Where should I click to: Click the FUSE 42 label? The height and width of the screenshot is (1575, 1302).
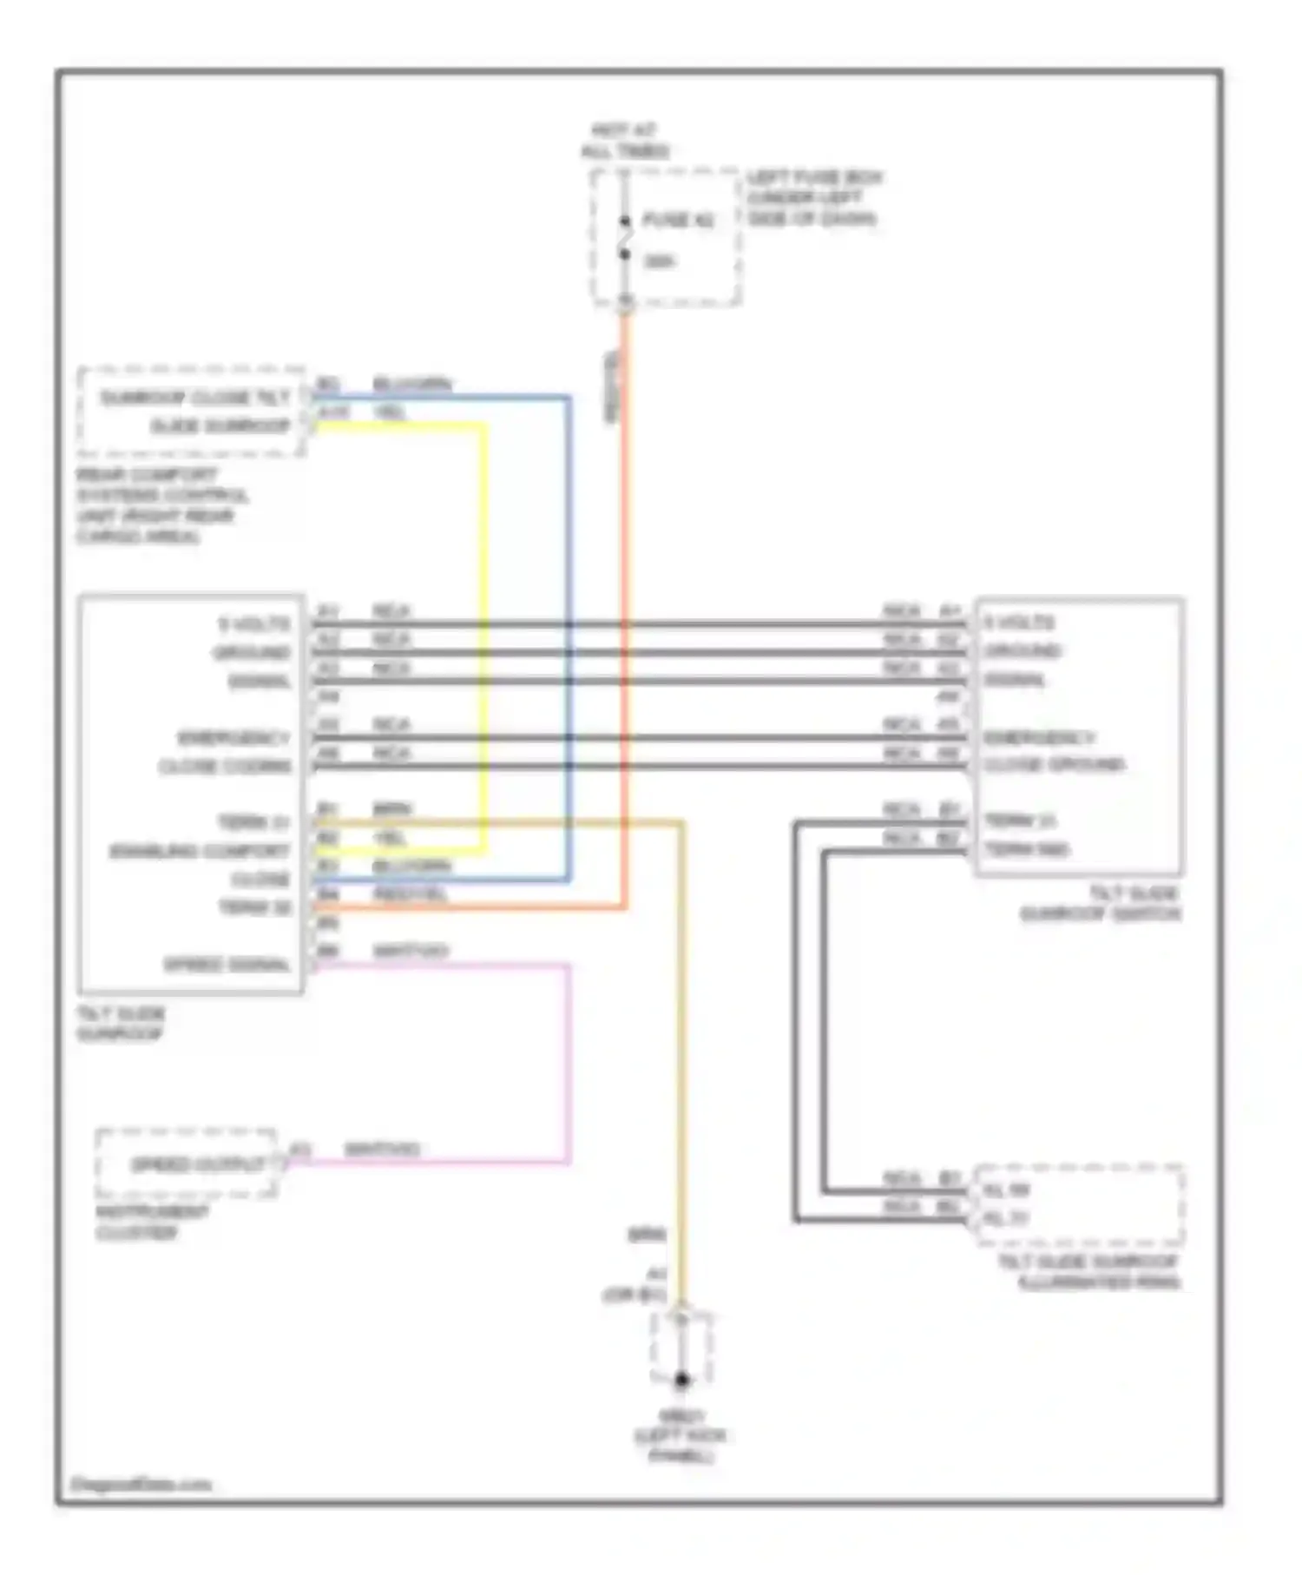678,221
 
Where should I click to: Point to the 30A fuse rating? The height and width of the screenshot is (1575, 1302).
659,261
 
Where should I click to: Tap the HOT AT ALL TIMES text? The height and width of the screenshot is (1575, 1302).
625,141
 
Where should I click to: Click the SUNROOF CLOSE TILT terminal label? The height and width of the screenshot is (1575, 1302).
194,398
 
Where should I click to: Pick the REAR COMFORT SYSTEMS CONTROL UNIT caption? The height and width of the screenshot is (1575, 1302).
161,505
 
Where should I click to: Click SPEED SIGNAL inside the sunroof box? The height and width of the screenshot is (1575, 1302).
227,965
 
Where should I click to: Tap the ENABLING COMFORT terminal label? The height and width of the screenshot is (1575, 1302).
200,851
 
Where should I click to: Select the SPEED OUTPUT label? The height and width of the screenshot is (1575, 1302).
197,1164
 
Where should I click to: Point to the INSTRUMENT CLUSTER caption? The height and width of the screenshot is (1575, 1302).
152,1222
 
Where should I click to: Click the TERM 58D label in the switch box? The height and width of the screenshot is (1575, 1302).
1027,849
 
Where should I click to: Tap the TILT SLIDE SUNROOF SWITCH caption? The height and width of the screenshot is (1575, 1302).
1100,904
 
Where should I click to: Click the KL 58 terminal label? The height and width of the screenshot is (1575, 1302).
1006,1190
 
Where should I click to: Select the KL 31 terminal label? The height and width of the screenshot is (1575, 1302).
1006,1219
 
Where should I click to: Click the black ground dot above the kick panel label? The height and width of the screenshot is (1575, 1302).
682,1379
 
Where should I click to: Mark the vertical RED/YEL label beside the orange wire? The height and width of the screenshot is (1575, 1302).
612,387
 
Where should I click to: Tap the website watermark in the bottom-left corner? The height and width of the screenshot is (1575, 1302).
141,1485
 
